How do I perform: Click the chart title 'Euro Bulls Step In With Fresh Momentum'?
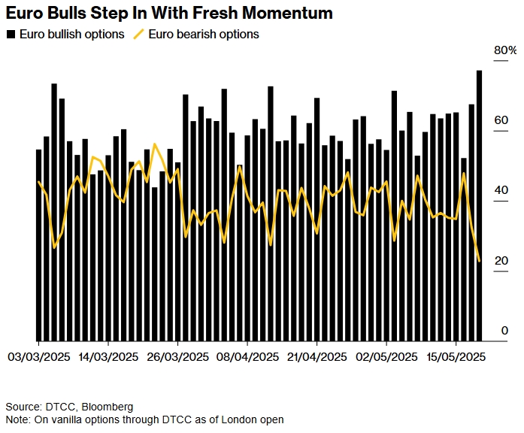tap(169, 14)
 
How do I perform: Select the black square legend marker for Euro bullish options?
tap(11, 35)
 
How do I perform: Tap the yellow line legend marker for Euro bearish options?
tap(139, 35)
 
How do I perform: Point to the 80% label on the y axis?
tap(504, 50)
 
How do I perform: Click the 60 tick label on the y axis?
tap(501, 120)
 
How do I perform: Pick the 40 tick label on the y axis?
tap(501, 191)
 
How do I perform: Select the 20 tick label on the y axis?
tap(501, 261)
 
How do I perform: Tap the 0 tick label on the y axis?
tap(504, 331)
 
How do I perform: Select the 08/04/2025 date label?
tap(247, 356)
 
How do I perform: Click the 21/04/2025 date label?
tap(317, 356)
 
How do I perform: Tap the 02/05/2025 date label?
tap(386, 356)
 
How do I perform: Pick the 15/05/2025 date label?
tap(456, 356)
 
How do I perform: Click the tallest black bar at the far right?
tap(479, 203)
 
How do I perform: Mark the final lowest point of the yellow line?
tap(480, 261)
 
